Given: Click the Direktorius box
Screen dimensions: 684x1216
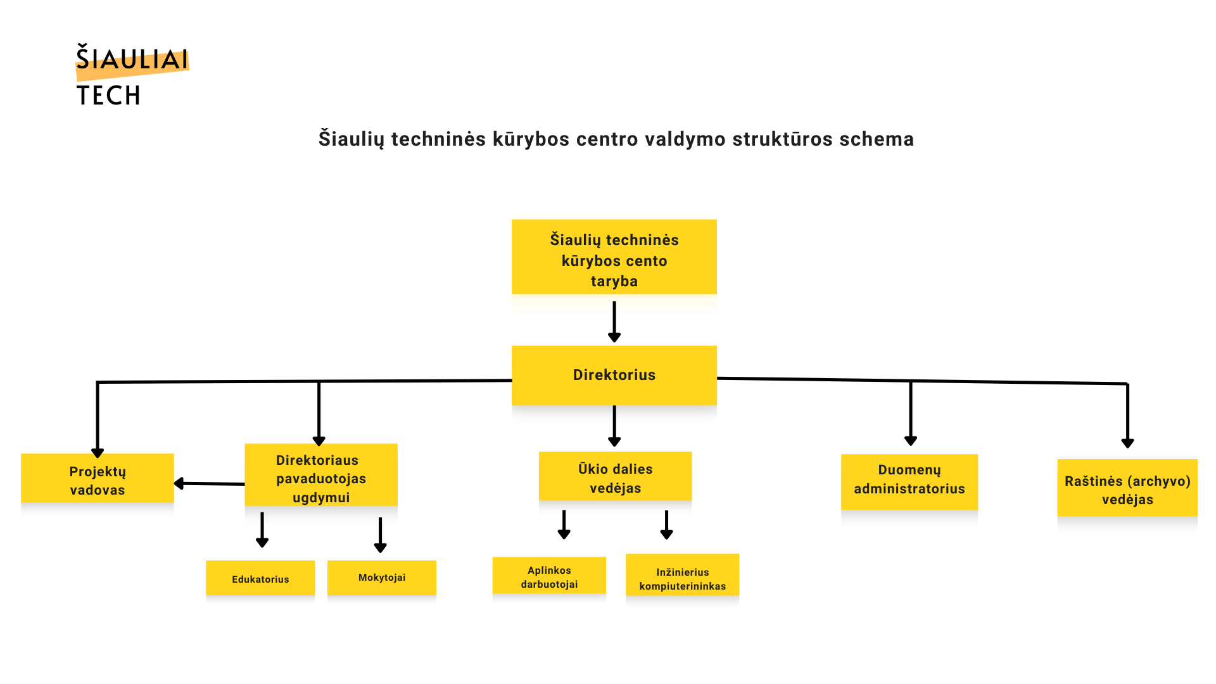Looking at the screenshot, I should tap(614, 375).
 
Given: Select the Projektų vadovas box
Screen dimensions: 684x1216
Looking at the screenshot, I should tap(98, 479).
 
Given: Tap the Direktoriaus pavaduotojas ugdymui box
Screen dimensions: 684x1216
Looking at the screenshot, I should tap(321, 478).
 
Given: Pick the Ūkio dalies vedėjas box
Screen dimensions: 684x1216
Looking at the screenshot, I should tap(615, 478).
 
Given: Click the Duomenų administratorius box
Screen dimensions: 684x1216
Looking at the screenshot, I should tap(909, 481).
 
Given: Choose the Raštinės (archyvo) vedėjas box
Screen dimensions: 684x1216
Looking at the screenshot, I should tap(1127, 489).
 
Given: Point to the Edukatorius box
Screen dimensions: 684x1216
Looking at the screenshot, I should tap(260, 578).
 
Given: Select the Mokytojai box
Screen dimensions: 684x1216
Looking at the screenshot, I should tap(382, 577).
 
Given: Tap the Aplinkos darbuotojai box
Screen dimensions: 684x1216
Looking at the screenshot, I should tap(549, 576).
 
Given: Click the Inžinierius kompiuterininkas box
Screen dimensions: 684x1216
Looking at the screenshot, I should tap(682, 578).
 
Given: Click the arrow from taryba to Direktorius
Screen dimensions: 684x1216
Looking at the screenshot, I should tap(614, 322).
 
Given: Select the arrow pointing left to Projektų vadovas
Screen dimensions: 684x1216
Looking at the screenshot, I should tap(209, 484).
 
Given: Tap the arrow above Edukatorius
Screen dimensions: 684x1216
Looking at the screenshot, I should tap(262, 530).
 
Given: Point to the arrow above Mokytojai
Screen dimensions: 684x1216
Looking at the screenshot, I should tap(380, 535).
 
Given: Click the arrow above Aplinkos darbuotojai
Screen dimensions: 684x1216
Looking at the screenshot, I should tap(564, 525).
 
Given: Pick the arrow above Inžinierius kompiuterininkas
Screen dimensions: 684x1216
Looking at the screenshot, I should tap(666, 525).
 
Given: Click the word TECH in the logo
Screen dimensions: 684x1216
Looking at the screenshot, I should tap(108, 96).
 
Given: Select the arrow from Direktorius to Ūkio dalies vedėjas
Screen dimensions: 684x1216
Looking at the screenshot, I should tap(614, 426).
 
